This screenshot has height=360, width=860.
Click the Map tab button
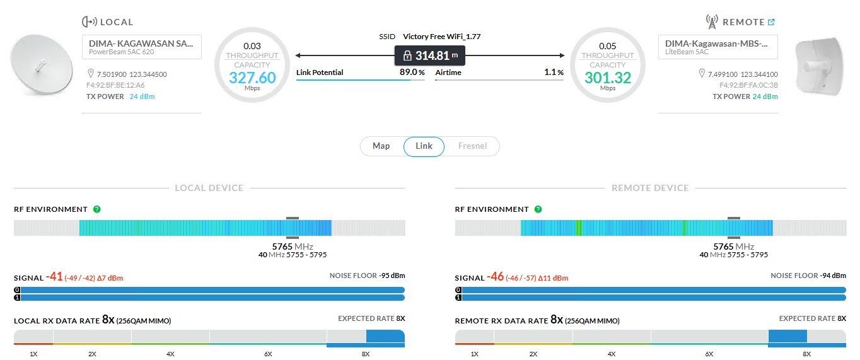(x=381, y=146)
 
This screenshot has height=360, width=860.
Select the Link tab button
(x=424, y=146)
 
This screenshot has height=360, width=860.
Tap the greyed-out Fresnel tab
(x=472, y=146)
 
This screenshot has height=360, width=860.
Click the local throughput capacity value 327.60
(x=252, y=78)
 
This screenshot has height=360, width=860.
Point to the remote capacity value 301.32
(x=608, y=78)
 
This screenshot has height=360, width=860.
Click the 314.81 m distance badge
(x=430, y=55)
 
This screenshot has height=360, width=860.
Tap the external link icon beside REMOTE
(x=771, y=22)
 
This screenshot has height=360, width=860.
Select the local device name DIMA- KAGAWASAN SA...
(x=141, y=44)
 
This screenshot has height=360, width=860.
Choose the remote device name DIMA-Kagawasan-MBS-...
(x=717, y=44)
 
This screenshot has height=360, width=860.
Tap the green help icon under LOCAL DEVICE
(x=96, y=209)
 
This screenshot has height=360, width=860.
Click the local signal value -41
(x=54, y=277)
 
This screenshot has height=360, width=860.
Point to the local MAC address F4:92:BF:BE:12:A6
(x=115, y=85)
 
